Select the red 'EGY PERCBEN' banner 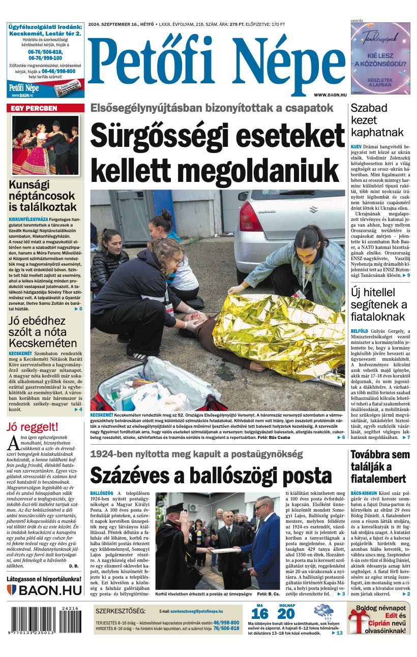pos(45,108)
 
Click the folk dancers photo pos(45,145)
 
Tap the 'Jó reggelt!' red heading pos(33,427)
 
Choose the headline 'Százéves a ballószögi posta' pos(211,476)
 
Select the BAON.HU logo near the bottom pos(45,590)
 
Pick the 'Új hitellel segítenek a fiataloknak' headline pos(379,304)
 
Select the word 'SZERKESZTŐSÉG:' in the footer pos(121,611)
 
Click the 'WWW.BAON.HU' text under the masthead pos(330,95)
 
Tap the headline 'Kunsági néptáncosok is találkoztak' pos(43,196)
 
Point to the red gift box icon pos(358,622)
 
